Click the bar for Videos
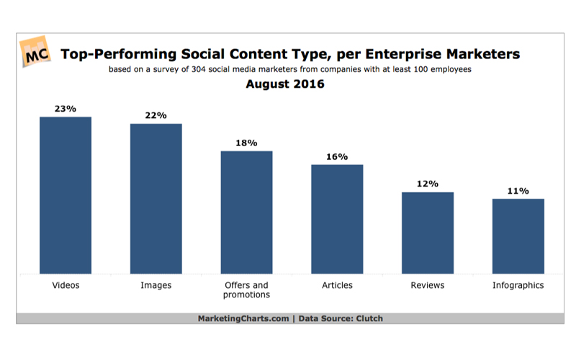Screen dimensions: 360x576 pyautogui.click(x=66, y=195)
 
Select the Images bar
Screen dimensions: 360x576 pyautogui.click(x=156, y=199)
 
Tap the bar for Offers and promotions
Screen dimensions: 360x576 pyautogui.click(x=246, y=212)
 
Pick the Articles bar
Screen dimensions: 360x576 pyautogui.click(x=337, y=219)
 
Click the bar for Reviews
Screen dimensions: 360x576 pyautogui.click(x=428, y=233)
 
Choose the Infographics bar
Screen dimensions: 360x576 pyautogui.click(x=518, y=236)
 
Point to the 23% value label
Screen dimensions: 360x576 pyautogui.click(x=66, y=109)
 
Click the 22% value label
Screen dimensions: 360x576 pyautogui.click(x=156, y=115)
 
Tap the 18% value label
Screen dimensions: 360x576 pyautogui.click(x=246, y=143)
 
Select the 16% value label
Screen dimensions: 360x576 pyautogui.click(x=337, y=156)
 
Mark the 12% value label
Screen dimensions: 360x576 pyautogui.click(x=428, y=184)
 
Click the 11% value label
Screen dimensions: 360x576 pyautogui.click(x=518, y=191)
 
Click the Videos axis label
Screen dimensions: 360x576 pyautogui.click(x=66, y=285)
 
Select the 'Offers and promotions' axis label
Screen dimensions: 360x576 pyautogui.click(x=246, y=289)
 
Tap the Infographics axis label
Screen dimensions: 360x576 pyautogui.click(x=518, y=285)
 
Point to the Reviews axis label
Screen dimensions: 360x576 pyautogui.click(x=428, y=285)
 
